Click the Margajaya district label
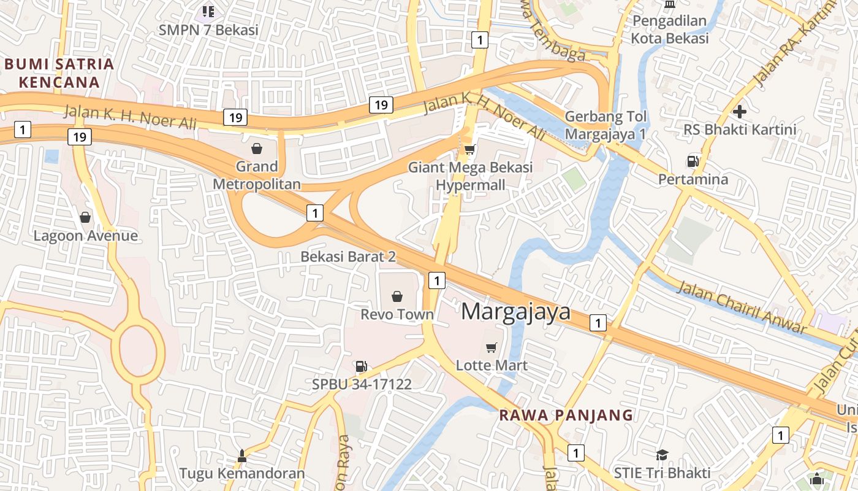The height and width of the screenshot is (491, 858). (515, 312)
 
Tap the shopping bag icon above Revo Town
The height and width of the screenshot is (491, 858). (397, 296)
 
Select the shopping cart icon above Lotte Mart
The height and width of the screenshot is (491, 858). (491, 348)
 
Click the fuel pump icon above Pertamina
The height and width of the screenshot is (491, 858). (693, 161)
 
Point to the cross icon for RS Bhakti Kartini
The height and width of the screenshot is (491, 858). (740, 112)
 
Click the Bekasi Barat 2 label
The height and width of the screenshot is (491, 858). (347, 257)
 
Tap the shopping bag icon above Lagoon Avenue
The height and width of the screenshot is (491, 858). (85, 217)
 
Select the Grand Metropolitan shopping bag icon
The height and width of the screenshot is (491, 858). (257, 149)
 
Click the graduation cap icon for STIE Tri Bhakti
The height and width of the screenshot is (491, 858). (662, 455)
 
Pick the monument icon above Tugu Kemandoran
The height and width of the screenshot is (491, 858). (241, 456)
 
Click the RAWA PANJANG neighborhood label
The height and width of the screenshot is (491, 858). (566, 415)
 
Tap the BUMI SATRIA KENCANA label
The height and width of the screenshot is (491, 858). (59, 73)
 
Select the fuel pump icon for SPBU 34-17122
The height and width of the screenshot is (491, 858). (362, 366)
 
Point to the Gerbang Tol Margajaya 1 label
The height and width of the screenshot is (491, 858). (606, 125)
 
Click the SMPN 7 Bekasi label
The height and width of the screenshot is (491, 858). (208, 29)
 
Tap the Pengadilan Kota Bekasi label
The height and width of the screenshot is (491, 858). (670, 29)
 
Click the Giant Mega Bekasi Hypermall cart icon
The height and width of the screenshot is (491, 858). (470, 150)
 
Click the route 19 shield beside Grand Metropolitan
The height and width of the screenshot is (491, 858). (235, 117)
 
